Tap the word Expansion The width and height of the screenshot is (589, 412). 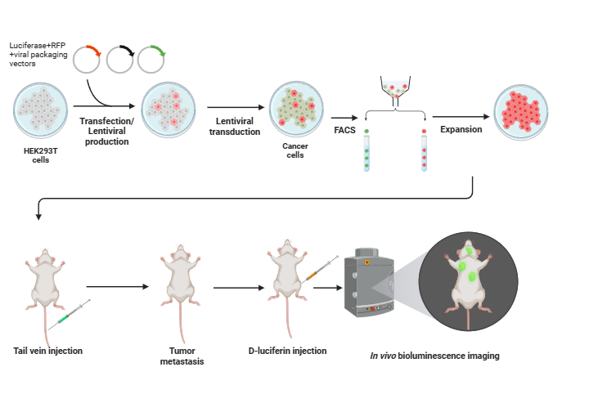coord(461,129)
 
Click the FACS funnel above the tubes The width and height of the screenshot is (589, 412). coord(395,90)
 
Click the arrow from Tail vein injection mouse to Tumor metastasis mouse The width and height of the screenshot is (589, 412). coord(119,286)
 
